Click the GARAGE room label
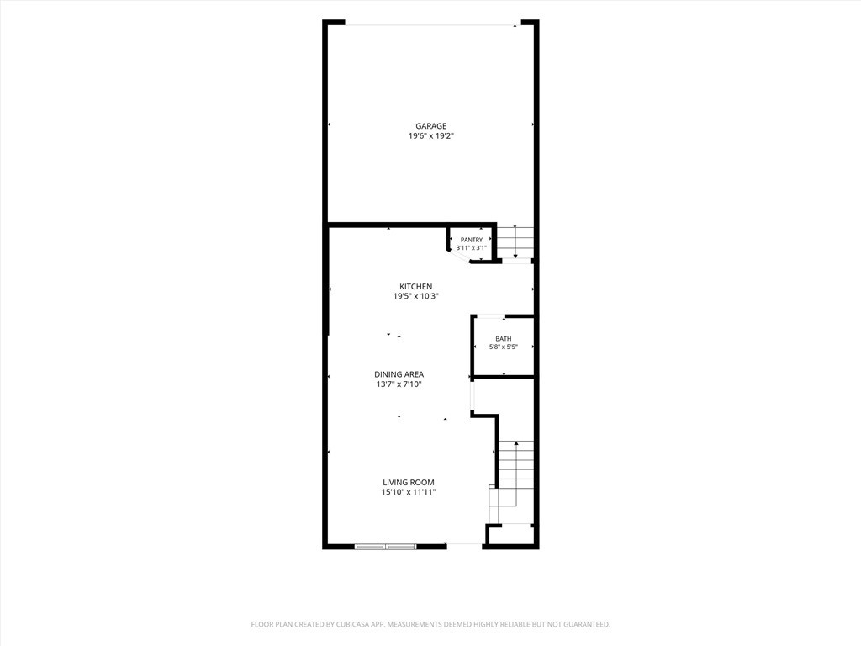430,126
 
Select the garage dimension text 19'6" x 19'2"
430,136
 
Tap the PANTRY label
472,240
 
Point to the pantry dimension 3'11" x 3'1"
472,248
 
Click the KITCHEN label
415,286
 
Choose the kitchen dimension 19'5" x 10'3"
415,296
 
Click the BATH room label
504,339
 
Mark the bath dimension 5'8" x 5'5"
504,347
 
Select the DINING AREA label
399,374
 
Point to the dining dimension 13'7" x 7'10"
399,384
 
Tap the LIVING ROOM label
409,482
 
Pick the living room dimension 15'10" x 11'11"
409,492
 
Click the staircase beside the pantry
515,242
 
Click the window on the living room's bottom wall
385,547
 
